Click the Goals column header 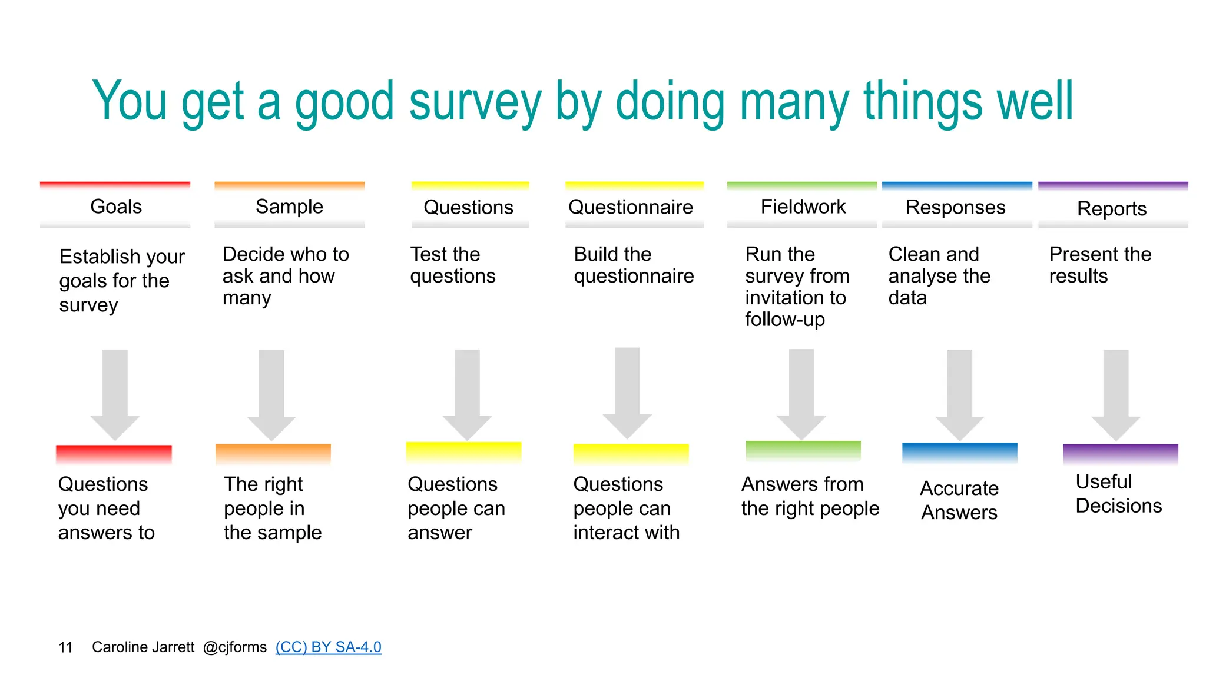coord(115,207)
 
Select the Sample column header coord(289,207)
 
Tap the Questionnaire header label coord(631,207)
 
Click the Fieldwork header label coord(803,207)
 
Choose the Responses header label coord(955,207)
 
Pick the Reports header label coord(1112,209)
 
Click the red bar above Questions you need coord(114,454)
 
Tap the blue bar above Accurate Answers coord(959,452)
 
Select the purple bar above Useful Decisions coord(1120,453)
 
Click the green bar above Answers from coord(803,450)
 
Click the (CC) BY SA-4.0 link coord(328,647)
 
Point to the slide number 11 coord(65,647)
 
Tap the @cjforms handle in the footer coord(234,647)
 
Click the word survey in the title coord(475,103)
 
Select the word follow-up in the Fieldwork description coord(784,320)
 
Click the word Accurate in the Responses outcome coord(959,488)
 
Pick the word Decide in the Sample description coord(251,254)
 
